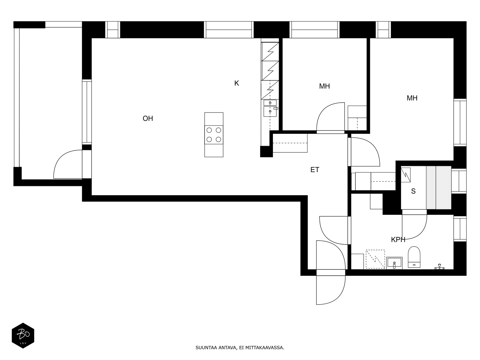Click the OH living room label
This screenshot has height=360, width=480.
click(148, 118)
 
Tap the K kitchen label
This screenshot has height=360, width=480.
click(236, 83)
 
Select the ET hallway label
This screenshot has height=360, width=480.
click(315, 169)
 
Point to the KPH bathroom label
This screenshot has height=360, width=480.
click(398, 240)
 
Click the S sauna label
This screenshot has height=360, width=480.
click(413, 191)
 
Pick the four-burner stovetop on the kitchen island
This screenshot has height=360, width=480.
click(214, 135)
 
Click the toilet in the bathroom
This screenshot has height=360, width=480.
click(414, 257)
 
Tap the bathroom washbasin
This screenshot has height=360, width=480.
click(394, 263)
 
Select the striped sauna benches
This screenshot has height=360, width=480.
click(439, 187)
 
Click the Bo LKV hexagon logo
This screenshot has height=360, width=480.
click(23, 335)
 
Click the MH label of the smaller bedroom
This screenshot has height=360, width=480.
click(324, 86)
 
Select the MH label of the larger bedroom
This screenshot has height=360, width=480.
click(412, 98)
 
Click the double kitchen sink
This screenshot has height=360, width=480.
click(270, 108)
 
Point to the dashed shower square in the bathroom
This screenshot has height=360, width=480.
click(375, 259)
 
